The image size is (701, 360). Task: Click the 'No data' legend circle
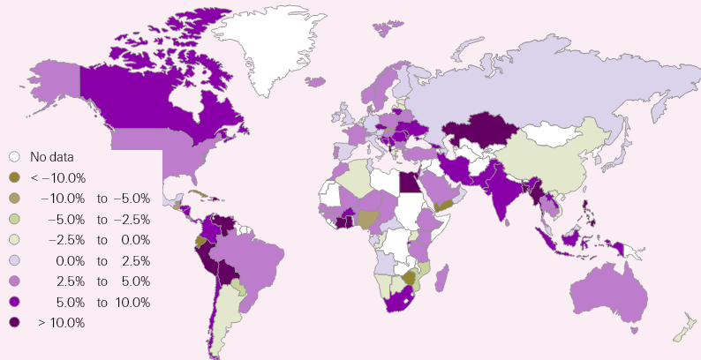pyautogui.click(x=15, y=157)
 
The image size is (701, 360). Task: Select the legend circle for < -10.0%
pyautogui.click(x=15, y=177)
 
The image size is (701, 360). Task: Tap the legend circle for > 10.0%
pyautogui.click(x=15, y=323)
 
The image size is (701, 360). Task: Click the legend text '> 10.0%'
pyautogui.click(x=61, y=323)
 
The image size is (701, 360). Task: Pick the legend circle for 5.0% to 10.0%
pyautogui.click(x=15, y=303)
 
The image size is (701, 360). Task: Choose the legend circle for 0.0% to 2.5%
pyautogui.click(x=15, y=261)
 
